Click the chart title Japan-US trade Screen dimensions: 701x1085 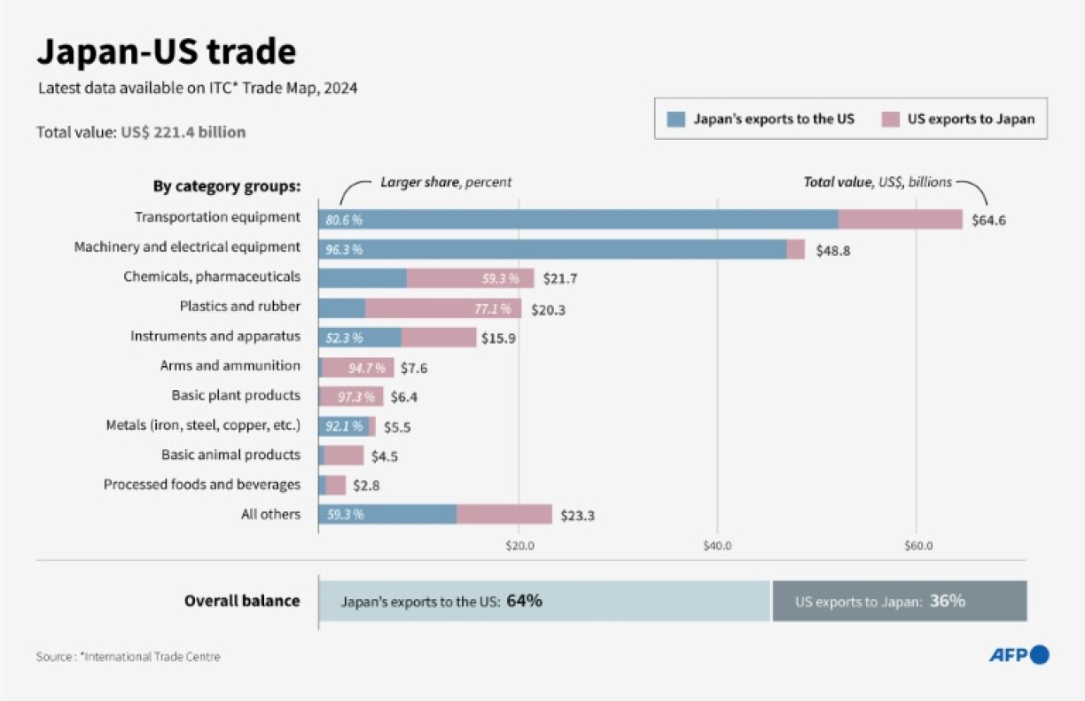point(166,52)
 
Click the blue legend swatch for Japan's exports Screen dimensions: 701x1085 point(676,119)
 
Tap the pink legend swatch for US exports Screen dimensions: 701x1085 point(890,119)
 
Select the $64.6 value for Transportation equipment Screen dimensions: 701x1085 point(988,220)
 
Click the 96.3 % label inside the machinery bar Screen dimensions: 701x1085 point(344,250)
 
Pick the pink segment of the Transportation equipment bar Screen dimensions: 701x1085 point(900,219)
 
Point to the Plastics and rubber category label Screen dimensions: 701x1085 point(239,307)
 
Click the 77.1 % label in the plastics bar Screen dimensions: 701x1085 point(494,309)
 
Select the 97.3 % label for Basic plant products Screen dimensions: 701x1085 point(355,397)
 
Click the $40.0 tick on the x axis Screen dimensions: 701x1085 point(717,546)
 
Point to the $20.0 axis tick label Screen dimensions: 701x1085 point(519,546)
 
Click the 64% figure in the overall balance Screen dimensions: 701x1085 point(524,601)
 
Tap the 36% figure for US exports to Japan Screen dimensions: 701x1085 point(947,601)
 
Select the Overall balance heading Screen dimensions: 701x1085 point(241,601)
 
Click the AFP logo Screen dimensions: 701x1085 point(1019,655)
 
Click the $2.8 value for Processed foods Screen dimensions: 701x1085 point(366,486)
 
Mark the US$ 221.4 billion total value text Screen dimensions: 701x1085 point(183,132)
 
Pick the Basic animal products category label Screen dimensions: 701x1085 point(230,455)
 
